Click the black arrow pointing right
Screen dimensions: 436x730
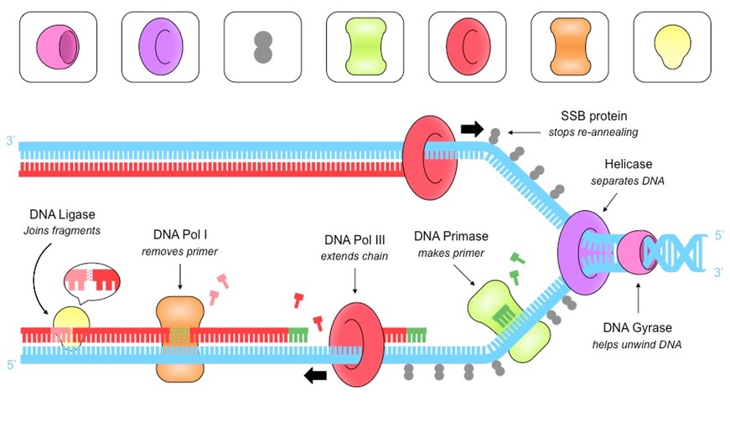pyautogui.click(x=472, y=129)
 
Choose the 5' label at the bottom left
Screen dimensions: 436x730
pyautogui.click(x=11, y=365)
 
